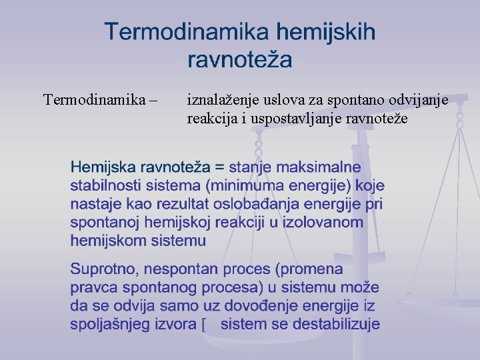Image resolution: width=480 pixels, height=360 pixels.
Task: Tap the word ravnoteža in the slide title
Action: [240, 60]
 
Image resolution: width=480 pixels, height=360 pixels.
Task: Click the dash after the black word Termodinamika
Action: [155, 101]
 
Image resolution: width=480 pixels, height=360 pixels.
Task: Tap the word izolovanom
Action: [317, 222]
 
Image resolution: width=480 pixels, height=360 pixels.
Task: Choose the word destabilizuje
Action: [331, 325]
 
